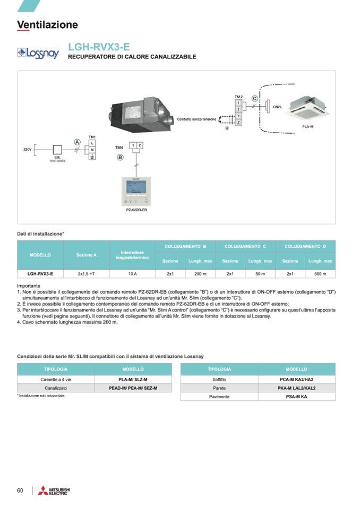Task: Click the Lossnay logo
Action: point(38,53)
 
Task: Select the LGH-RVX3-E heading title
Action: point(99,47)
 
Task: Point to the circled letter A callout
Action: point(77,142)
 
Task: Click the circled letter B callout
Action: point(120,157)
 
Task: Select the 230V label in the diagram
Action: point(28,150)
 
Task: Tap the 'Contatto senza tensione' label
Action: point(196,119)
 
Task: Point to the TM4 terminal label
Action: point(119,147)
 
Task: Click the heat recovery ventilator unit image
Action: point(141,114)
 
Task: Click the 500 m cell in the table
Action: point(320,274)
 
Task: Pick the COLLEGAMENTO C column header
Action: point(245,246)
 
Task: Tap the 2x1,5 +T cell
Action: point(86,274)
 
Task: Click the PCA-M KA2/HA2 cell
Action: point(296,379)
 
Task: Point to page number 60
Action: point(20,490)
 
